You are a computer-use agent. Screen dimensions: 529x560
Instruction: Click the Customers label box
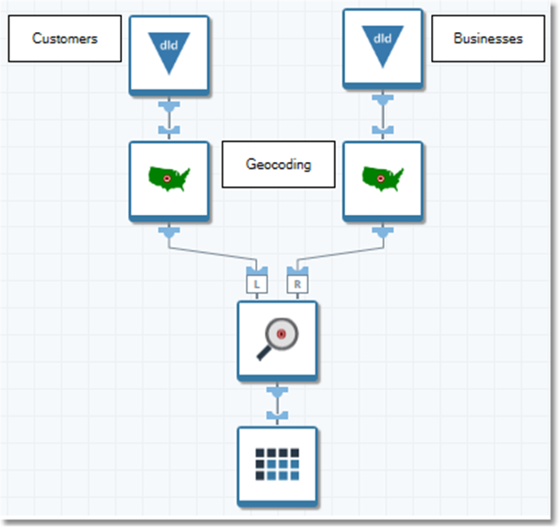65,39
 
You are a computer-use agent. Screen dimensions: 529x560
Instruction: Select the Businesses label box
488,39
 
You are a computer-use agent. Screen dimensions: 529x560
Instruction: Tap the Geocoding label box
278,165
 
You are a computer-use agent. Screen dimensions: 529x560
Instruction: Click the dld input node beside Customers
169,54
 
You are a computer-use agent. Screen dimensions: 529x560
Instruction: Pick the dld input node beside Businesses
382,48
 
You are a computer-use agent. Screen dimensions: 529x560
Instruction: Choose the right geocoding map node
382,181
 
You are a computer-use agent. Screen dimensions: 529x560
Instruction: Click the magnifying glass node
277,340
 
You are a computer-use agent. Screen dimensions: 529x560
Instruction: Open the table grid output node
277,465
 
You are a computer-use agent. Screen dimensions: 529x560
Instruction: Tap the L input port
257,283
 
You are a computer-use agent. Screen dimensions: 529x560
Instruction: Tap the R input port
297,283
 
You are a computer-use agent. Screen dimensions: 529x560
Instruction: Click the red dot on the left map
166,178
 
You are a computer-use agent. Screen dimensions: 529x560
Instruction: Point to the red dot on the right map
379,178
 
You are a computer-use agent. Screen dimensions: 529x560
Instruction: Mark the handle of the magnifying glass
264,352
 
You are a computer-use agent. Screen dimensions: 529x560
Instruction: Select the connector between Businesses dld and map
382,117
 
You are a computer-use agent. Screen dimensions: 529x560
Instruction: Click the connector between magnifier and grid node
277,405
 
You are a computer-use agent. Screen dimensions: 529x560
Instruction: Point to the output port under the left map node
169,232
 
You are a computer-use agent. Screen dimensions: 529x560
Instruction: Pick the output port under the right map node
382,232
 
